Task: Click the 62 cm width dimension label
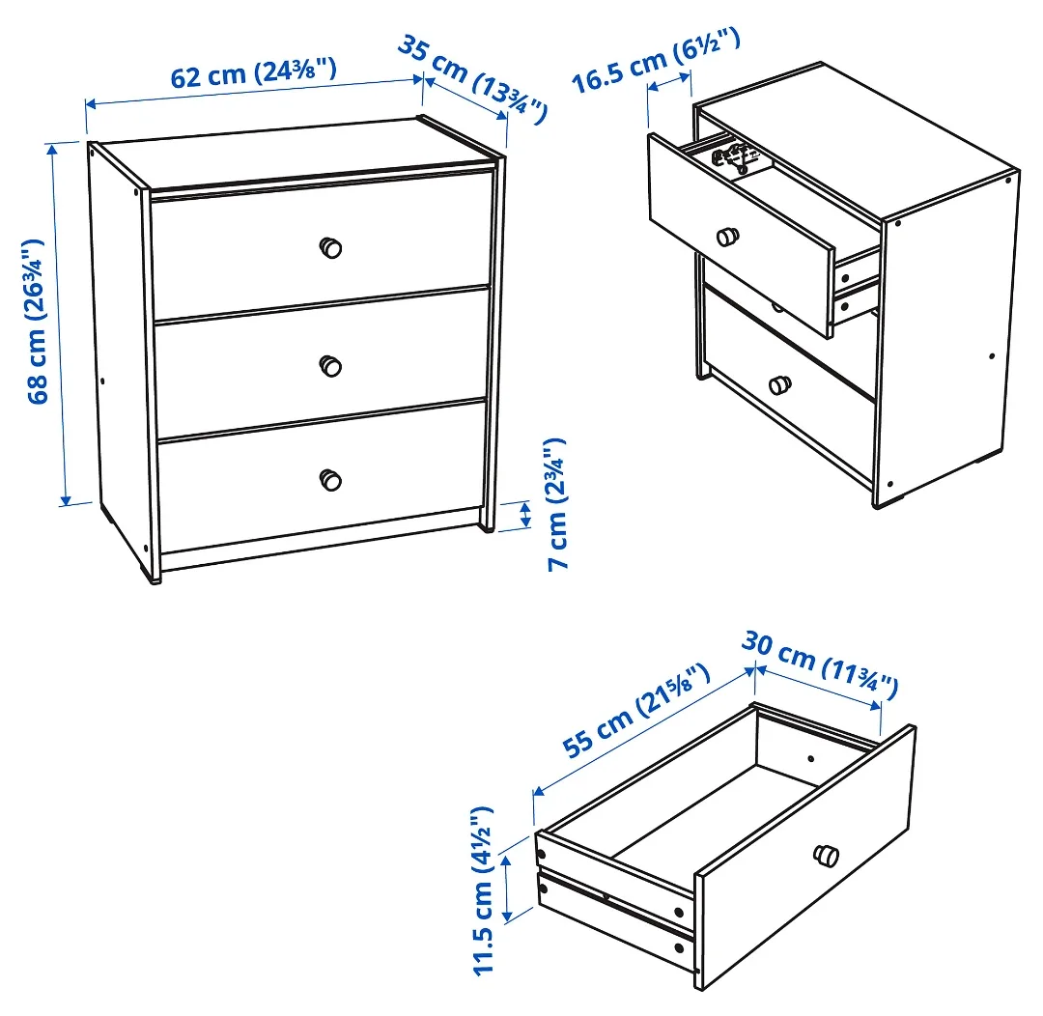[253, 73]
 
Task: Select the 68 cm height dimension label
[37, 321]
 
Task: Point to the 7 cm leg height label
[555, 504]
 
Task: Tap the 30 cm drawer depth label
[820, 664]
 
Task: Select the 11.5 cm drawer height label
[483, 889]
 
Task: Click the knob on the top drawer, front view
[330, 247]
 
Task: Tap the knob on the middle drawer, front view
[330, 366]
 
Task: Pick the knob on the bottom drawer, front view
[330, 479]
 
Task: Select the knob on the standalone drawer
[827, 855]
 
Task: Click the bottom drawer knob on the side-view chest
[778, 384]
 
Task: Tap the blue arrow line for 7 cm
[525, 515]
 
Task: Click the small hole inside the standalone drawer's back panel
[811, 760]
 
